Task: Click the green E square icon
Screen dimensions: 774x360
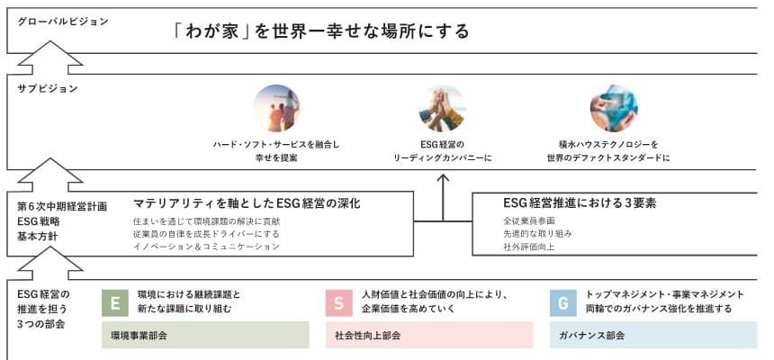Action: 115,302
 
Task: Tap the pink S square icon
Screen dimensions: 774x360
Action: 339,302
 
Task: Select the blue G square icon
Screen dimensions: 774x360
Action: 563,302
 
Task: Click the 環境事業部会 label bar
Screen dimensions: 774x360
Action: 205,336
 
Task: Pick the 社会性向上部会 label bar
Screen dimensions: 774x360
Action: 429,336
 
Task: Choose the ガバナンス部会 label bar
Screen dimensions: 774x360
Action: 653,336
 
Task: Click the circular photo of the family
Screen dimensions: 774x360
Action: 276,108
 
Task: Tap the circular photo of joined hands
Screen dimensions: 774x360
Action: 442,108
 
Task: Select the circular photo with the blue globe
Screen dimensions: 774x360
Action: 614,108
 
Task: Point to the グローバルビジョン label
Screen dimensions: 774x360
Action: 63,22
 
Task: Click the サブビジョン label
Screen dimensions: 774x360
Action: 48,89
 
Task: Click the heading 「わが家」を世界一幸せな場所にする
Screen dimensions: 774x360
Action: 322,31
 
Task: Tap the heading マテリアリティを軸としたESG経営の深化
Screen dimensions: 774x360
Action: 247,203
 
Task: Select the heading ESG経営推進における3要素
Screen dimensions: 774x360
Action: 580,203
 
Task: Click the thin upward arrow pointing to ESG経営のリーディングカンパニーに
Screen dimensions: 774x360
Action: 443,197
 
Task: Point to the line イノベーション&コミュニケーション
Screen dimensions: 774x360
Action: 206,247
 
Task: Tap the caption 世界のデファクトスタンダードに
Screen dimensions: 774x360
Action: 608,158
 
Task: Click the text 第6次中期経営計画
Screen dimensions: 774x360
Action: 62,207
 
